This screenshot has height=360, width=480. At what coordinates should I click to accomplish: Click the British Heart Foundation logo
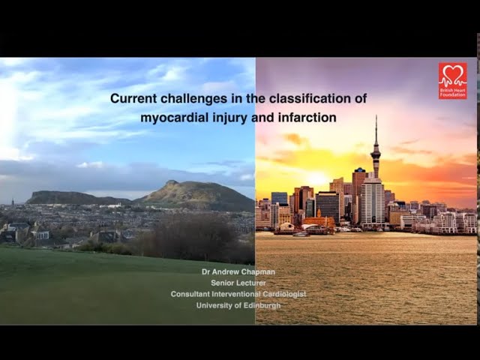(452, 80)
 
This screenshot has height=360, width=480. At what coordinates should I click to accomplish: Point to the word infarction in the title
(308, 118)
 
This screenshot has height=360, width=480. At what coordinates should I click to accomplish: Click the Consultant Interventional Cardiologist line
(238, 294)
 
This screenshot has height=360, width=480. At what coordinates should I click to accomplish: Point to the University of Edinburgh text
(238, 305)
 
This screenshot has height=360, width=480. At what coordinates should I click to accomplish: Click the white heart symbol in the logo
(452, 75)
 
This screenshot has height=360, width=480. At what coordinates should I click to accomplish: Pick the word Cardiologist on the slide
(283, 294)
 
